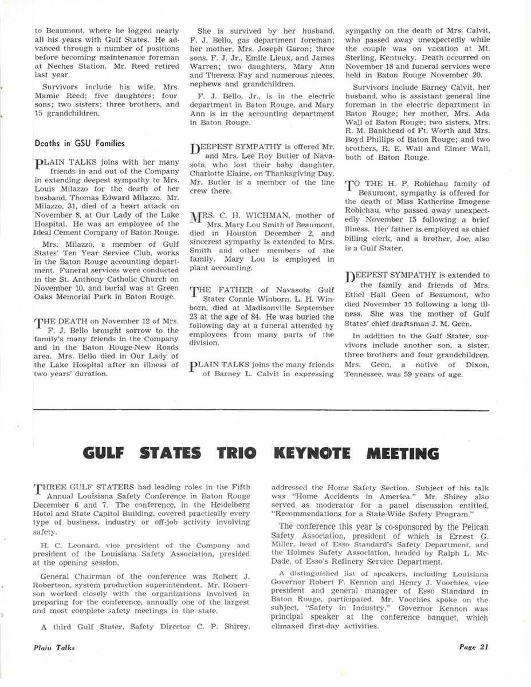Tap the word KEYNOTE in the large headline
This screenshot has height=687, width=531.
coord(316,454)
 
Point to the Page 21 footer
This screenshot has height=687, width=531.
coord(473,648)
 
